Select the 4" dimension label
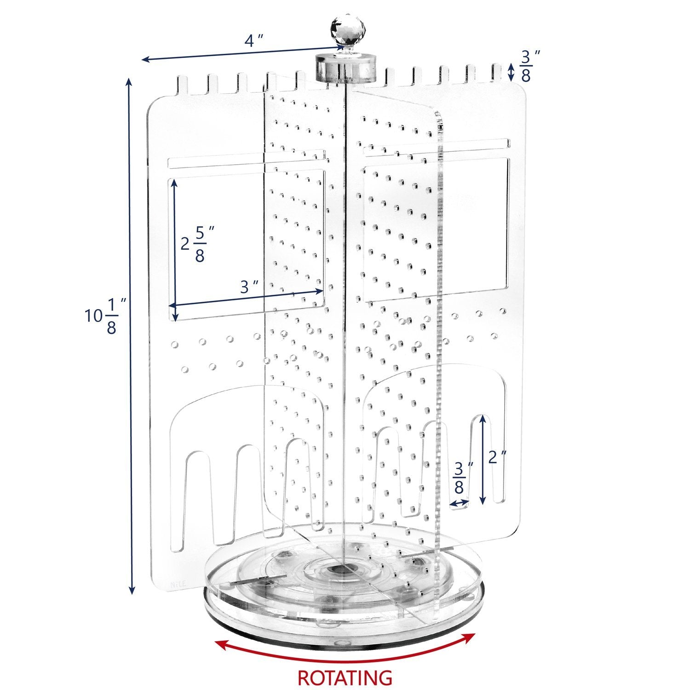(x=253, y=40)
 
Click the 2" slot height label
(x=497, y=457)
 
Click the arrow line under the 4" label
(x=239, y=53)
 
